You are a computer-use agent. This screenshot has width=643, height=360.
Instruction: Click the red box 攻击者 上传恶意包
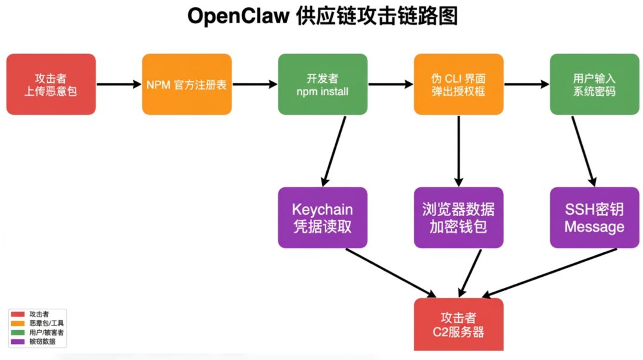pyautogui.click(x=51, y=84)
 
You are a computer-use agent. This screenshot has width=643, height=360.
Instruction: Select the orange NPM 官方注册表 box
pyautogui.click(x=186, y=84)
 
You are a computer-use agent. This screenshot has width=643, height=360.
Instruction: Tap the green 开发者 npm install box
pyautogui.click(x=323, y=84)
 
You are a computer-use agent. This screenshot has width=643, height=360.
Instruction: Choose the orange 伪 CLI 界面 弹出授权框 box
pyautogui.click(x=458, y=84)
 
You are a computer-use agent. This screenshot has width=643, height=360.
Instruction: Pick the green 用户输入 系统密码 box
pyautogui.click(x=594, y=84)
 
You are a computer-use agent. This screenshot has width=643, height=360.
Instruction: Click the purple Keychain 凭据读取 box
pyautogui.click(x=323, y=218)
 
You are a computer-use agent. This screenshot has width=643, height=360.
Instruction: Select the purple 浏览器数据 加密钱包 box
pyautogui.click(x=458, y=218)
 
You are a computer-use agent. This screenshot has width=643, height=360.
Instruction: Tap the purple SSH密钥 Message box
pyautogui.click(x=594, y=218)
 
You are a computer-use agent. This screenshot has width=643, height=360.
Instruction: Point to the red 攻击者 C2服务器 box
pyautogui.click(x=458, y=324)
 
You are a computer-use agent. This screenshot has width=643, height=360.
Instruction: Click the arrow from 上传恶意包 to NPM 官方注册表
pyautogui.click(x=118, y=84)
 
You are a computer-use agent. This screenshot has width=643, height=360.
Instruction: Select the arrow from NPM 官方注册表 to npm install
pyautogui.click(x=255, y=84)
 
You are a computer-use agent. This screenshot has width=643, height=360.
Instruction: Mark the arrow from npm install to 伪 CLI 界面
pyautogui.click(x=391, y=84)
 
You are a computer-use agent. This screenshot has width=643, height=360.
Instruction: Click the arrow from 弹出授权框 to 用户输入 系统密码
pyautogui.click(x=526, y=84)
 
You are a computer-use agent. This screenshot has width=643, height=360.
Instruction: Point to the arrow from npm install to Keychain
pyautogui.click(x=335, y=151)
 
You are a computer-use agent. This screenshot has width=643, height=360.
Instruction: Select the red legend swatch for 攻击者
pyautogui.click(x=18, y=314)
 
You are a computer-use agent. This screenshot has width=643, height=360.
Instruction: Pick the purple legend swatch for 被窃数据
pyautogui.click(x=18, y=342)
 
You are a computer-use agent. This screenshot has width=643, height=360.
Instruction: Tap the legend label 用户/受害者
pyautogui.click(x=46, y=333)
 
